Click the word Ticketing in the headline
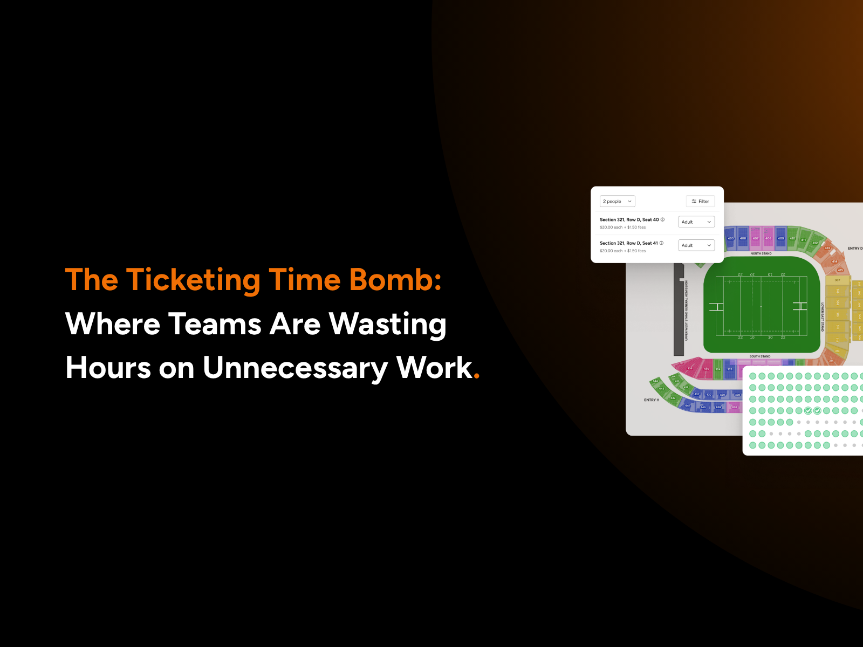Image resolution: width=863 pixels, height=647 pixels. point(193,280)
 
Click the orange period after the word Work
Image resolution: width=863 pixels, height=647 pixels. point(476,376)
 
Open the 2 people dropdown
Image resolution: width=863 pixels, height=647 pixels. point(617,201)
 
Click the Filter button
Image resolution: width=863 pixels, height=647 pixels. point(700,201)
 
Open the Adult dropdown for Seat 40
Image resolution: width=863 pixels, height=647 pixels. point(696,222)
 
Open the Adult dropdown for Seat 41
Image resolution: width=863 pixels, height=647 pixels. point(696,245)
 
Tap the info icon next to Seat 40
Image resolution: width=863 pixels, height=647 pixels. point(662,219)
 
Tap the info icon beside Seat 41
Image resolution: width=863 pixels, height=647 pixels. point(661,243)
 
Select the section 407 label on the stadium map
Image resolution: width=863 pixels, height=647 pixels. point(756,238)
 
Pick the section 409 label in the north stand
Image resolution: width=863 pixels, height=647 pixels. point(780,238)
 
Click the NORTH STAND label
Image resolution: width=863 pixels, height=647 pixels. point(761,253)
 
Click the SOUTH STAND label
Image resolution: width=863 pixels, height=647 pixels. point(759,356)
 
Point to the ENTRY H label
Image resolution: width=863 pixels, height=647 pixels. point(651,400)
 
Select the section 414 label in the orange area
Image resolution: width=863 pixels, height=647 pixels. point(834,261)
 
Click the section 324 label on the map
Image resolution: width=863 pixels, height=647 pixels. point(718,369)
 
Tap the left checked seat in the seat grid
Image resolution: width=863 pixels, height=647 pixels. point(808,411)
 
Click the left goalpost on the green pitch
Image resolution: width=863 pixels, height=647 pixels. point(716,307)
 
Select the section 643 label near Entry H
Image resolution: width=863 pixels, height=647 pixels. point(662,388)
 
